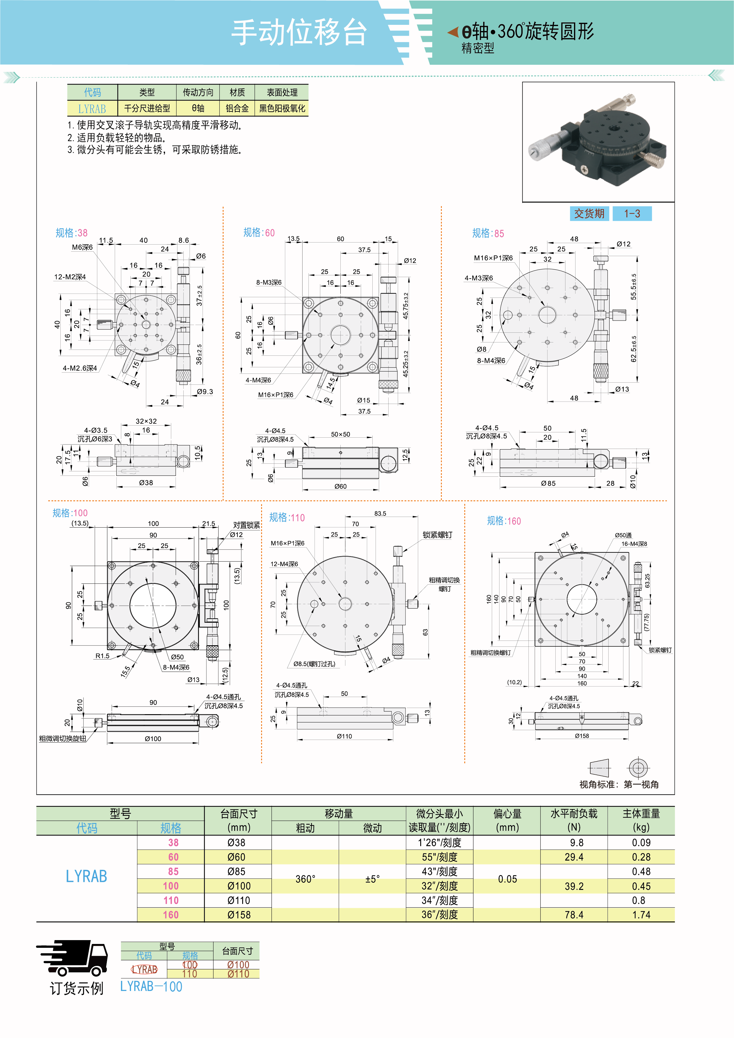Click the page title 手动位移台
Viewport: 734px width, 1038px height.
click(298, 33)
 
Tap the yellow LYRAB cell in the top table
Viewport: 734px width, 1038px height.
click(92, 109)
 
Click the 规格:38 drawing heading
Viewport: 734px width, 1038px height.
click(71, 233)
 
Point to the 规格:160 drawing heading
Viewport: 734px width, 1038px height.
click(504, 521)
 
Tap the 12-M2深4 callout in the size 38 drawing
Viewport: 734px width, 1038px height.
click(70, 277)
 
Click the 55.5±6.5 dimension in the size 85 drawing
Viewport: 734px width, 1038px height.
click(634, 286)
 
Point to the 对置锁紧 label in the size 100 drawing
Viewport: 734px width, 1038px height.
click(246, 525)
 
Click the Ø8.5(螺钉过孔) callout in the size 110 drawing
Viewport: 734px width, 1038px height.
click(314, 664)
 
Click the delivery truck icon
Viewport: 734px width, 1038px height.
click(72, 958)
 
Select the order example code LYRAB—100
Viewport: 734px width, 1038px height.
click(151, 987)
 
